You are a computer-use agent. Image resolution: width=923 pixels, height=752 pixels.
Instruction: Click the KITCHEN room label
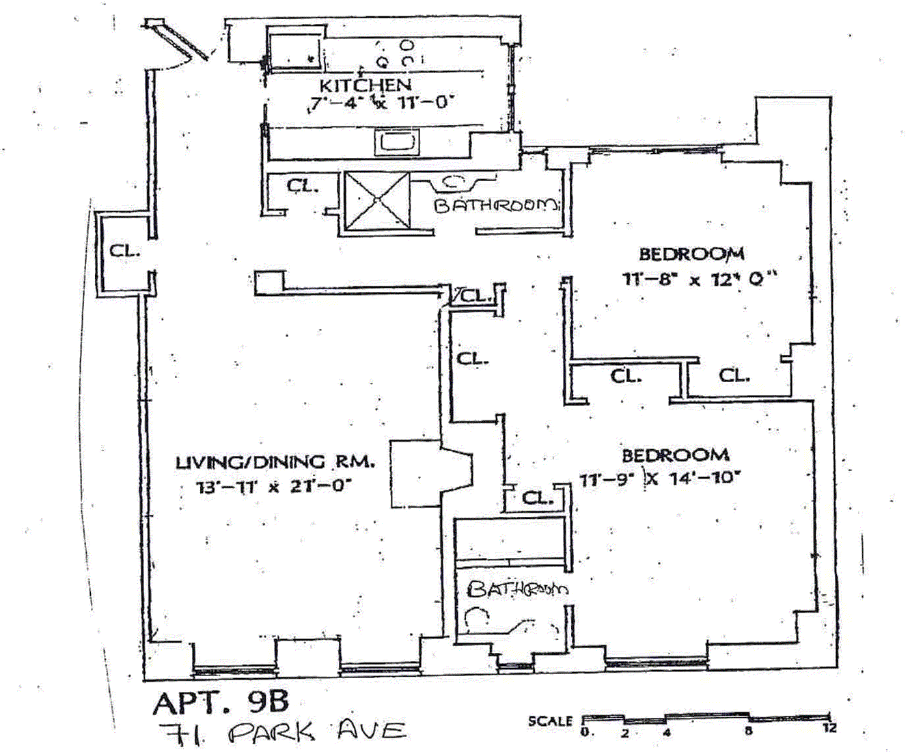point(366,85)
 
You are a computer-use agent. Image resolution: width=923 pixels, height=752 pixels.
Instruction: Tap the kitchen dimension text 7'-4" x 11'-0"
point(382,104)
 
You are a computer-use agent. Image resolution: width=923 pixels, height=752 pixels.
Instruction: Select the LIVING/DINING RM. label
point(275,462)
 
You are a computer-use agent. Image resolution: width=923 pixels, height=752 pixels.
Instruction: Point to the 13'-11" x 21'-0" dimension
point(273,485)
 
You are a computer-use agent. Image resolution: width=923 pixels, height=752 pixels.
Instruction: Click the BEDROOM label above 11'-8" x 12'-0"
point(692,254)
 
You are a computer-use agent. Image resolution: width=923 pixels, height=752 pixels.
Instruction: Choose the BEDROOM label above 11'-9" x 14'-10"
point(676,455)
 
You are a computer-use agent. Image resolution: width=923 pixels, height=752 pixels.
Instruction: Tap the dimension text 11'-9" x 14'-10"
point(660,479)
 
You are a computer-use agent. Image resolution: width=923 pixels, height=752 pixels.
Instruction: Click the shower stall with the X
point(378,200)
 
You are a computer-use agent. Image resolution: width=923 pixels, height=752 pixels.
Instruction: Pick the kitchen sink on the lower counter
point(396,142)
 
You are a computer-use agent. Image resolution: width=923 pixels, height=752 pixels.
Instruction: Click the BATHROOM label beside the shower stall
point(497,205)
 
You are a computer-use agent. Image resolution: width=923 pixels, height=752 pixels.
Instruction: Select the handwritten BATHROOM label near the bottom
point(517,589)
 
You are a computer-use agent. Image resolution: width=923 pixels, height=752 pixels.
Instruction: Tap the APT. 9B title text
point(221,702)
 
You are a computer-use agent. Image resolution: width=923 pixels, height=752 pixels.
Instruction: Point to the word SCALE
point(550,721)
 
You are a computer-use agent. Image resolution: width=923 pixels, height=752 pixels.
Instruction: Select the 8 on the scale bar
point(748,730)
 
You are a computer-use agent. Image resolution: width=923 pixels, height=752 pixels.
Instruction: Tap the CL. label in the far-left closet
point(125,251)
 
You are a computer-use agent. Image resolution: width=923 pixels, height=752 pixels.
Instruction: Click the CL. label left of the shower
point(302,187)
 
